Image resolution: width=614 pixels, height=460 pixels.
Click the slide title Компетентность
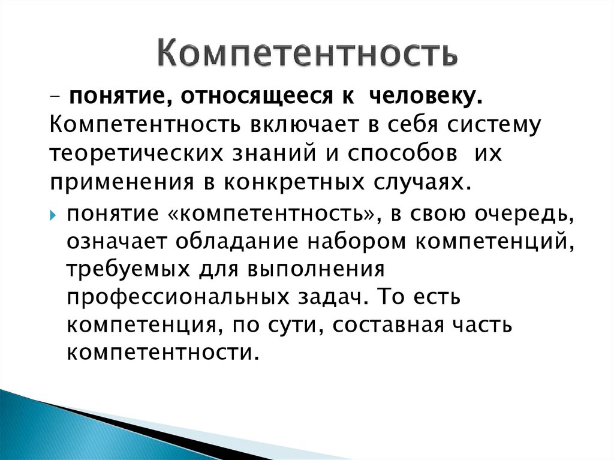[x=308, y=53]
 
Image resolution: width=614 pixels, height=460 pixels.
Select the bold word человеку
[x=425, y=97]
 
